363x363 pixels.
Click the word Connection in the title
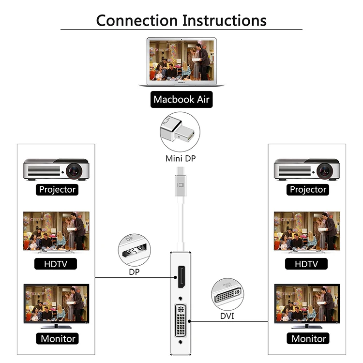pyautogui.click(x=136, y=20)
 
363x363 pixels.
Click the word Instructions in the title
pyautogui.click(x=224, y=20)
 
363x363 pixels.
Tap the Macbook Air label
pyautogui.click(x=181, y=100)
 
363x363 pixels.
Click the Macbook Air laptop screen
pyautogui.click(x=181, y=60)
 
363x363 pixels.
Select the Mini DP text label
pyautogui.click(x=181, y=158)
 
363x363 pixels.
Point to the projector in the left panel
pyautogui.click(x=56, y=169)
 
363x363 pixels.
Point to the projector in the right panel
pyautogui.click(x=307, y=169)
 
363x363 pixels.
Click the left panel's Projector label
pyautogui.click(x=57, y=189)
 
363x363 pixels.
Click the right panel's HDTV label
pyautogui.click(x=307, y=264)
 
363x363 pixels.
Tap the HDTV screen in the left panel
pyautogui.click(x=56, y=231)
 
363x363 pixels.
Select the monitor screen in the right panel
pyautogui.click(x=307, y=303)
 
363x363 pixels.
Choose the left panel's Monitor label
pyautogui.click(x=57, y=338)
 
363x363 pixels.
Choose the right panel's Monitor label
pyautogui.click(x=307, y=338)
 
